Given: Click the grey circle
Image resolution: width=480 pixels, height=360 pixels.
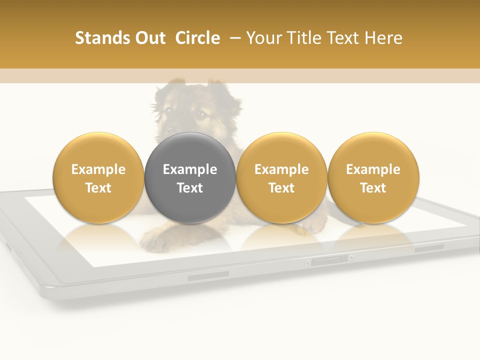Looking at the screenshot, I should point(190,177).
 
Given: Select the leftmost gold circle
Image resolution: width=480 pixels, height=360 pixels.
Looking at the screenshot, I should point(98,177).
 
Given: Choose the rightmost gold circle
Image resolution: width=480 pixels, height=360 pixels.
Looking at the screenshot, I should point(373,177).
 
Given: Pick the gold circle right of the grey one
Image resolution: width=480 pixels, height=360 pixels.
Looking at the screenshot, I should point(281,177).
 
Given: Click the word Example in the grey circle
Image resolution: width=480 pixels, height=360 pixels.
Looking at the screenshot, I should point(190,169).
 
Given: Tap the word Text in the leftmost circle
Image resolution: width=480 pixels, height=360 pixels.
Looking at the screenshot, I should point(98,188).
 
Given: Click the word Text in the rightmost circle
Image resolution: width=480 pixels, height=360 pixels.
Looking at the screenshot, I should point(373,188).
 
